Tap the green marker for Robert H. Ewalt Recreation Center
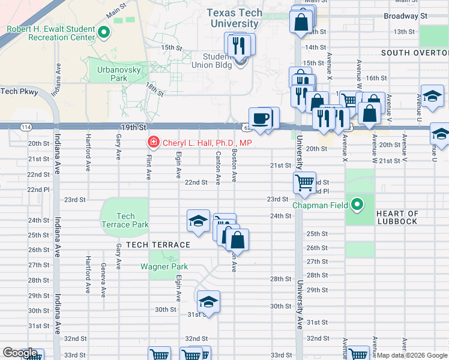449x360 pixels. (103, 33)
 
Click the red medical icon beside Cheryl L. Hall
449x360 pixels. (154, 143)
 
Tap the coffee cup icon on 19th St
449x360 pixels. (260, 118)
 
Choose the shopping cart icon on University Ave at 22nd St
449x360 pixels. (304, 182)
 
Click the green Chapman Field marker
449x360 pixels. (357, 205)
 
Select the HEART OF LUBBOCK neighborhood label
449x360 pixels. (397, 217)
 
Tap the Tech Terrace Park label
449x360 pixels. (125, 220)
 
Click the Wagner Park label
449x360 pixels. (164, 267)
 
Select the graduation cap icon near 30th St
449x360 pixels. (208, 302)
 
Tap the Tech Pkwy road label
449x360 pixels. (19, 91)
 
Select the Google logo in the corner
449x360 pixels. (20, 353)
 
